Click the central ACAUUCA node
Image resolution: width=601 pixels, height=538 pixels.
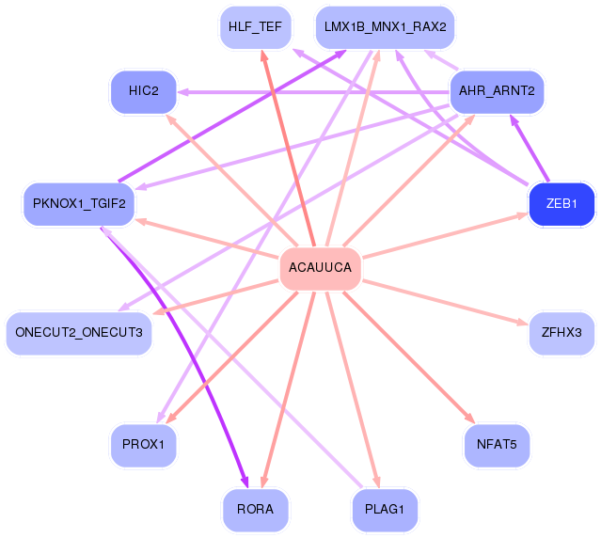[x=321, y=268]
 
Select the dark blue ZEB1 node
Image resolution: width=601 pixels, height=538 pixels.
[x=561, y=204]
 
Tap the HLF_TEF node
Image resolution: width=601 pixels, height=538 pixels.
[x=255, y=27]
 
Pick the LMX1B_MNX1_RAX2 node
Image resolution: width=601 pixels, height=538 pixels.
[x=386, y=27]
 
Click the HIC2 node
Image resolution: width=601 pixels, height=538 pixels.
[x=144, y=91]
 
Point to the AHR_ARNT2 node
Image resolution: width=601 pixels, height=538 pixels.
[x=497, y=91]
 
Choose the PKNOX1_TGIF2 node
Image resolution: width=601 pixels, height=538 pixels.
[x=79, y=204]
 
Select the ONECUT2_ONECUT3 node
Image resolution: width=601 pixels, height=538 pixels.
[x=79, y=333]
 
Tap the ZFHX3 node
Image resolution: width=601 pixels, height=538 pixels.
[x=561, y=333]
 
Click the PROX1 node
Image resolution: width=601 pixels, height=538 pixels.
[x=144, y=445]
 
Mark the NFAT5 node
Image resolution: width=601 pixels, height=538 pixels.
[x=497, y=445]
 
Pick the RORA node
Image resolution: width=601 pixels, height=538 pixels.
[x=255, y=510]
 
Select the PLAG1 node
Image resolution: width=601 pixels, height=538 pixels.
[x=385, y=510]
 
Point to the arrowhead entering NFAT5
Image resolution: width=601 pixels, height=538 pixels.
[x=470, y=419]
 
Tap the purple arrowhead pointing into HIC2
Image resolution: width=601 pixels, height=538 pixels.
[x=183, y=92]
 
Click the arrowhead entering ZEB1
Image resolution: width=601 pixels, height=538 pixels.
[x=523, y=215]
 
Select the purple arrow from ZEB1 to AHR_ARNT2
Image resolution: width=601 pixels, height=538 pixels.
[x=530, y=149]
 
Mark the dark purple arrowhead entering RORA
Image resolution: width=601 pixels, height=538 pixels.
[x=245, y=483]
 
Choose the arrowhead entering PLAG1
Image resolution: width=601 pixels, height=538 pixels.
[x=376, y=483]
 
